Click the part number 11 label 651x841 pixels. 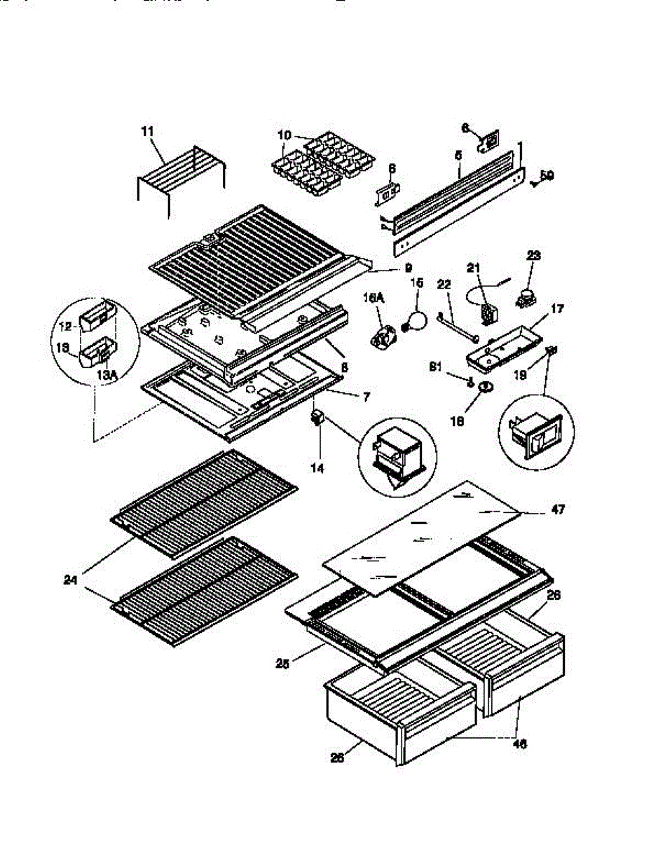pos(147,131)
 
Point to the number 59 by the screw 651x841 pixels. pos(547,176)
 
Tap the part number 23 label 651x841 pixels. pos(534,257)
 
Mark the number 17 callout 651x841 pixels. pos(557,308)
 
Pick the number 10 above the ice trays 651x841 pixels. pos(284,133)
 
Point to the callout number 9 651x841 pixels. pos(408,267)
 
